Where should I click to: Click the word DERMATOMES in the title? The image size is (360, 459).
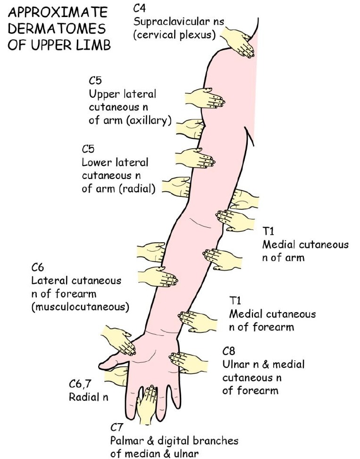tap(56, 28)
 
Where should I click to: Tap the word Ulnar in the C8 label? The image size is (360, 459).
tap(234, 365)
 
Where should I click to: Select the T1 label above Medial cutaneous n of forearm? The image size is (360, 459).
tap(235, 300)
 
